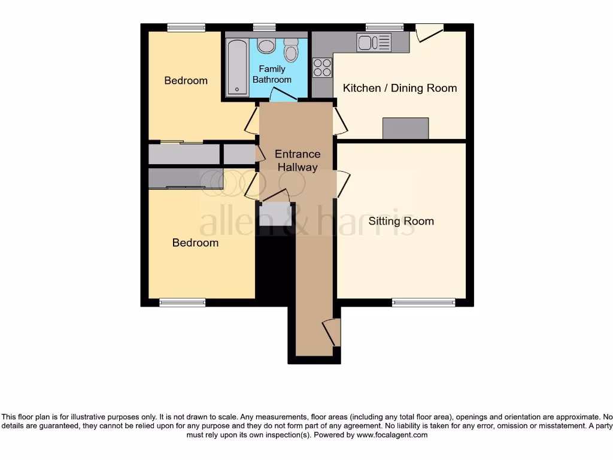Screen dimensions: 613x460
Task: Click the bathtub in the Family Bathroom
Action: click(237, 67)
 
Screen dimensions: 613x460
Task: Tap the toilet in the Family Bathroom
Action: click(291, 50)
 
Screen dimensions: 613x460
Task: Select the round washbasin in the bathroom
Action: click(266, 46)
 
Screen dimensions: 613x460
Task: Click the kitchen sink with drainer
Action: click(374, 43)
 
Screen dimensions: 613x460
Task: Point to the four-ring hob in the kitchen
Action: click(322, 68)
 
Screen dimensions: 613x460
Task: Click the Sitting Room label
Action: click(401, 222)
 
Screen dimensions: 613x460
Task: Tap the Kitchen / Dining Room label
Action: click(399, 88)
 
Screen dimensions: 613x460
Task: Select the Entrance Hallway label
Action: click(298, 161)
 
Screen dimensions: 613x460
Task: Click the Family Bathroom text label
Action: click(272, 74)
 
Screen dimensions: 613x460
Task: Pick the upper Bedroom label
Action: click(186, 81)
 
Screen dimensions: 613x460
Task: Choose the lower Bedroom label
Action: click(195, 243)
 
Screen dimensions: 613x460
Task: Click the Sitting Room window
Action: click(424, 302)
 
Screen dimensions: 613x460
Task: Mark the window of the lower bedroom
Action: click(182, 302)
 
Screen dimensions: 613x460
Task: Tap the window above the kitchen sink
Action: click(385, 28)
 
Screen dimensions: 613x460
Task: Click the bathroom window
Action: click(264, 28)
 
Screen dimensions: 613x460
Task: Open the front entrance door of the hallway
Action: click(332, 332)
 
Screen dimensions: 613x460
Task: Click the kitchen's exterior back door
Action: click(429, 33)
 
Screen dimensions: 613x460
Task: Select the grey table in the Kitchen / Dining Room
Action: click(405, 128)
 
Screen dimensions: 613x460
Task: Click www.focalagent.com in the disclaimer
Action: click(392, 435)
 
